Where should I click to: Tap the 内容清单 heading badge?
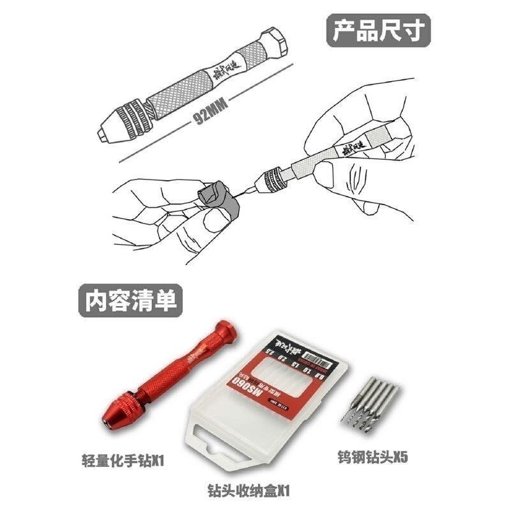[130, 299]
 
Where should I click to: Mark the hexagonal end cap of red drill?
[227, 332]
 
